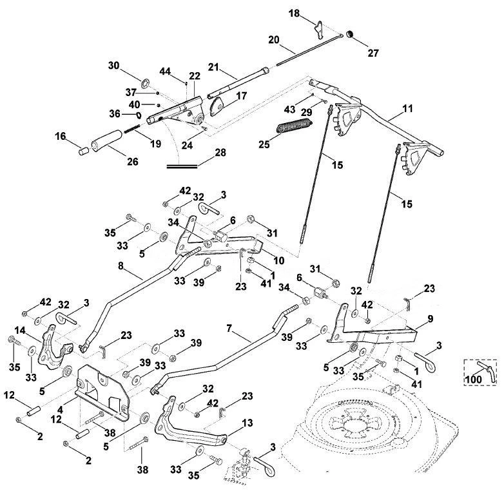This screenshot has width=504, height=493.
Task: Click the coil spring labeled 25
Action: coord(295,125)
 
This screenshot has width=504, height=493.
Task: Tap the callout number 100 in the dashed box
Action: coord(474,379)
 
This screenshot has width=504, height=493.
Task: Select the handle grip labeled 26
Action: coord(107,140)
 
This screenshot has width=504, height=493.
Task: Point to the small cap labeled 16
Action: coord(84,151)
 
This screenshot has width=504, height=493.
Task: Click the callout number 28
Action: coord(220,152)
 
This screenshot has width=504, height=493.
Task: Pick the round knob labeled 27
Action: coord(350,34)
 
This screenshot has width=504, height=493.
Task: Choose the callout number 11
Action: coord(407,109)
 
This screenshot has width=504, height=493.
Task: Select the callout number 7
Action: coord(229,329)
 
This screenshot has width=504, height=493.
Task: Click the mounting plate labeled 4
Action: coord(103,392)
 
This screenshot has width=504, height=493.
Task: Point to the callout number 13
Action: coord(248,423)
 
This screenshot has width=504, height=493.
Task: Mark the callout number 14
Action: coord(19,330)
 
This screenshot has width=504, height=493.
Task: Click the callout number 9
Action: coord(430,319)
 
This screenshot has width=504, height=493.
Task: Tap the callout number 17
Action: coord(242,96)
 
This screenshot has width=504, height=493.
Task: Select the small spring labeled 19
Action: coord(131,128)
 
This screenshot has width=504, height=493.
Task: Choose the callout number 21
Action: coord(213,67)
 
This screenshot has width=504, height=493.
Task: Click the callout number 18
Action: coord(294,14)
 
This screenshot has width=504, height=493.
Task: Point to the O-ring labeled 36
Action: coord(139,115)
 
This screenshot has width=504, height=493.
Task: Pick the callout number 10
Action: coord(278,260)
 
